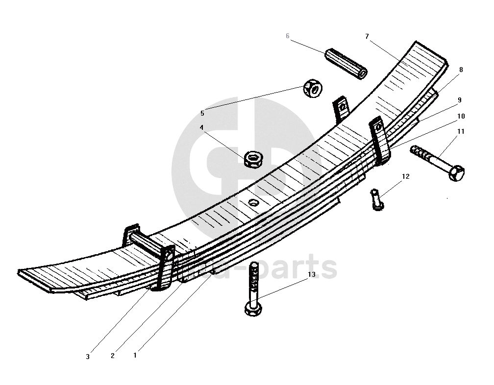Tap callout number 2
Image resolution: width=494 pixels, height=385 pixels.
(x=113, y=356)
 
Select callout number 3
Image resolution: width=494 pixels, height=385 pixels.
(x=88, y=357)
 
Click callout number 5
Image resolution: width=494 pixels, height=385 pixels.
(x=202, y=113)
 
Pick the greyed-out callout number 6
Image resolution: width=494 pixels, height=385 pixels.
(x=288, y=36)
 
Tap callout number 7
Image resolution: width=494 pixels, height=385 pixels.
(x=367, y=36)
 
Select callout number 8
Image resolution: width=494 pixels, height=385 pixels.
(x=461, y=70)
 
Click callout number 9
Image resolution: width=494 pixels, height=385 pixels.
(x=460, y=100)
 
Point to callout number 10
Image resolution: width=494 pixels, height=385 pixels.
(x=461, y=116)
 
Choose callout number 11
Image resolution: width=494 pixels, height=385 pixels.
(x=461, y=131)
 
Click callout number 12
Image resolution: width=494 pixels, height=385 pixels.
(x=406, y=176)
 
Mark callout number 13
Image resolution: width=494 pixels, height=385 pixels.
(x=312, y=275)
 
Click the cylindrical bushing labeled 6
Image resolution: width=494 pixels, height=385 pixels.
(x=346, y=64)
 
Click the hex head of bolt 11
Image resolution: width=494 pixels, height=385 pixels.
(x=456, y=173)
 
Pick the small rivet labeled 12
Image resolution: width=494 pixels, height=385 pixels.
(x=376, y=199)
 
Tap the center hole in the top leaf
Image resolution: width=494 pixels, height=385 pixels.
(x=253, y=202)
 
